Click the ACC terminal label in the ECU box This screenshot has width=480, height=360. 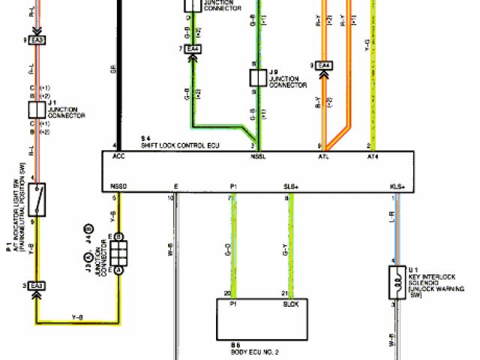[x=118, y=157]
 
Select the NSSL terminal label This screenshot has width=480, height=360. [x=259, y=157]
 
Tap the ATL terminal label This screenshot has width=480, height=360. [x=324, y=157]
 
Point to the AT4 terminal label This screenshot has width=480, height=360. [x=373, y=157]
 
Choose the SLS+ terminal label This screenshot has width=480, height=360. [x=291, y=185]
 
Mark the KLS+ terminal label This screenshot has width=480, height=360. [x=397, y=185]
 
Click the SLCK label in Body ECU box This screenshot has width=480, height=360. [x=291, y=305]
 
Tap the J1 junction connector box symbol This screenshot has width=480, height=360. [x=37, y=109]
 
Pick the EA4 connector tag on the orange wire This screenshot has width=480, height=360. [x=324, y=66]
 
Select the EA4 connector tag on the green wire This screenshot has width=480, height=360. [x=193, y=49]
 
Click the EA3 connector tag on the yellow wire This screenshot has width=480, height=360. [x=37, y=285]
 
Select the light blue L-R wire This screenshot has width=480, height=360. [x=397, y=225]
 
